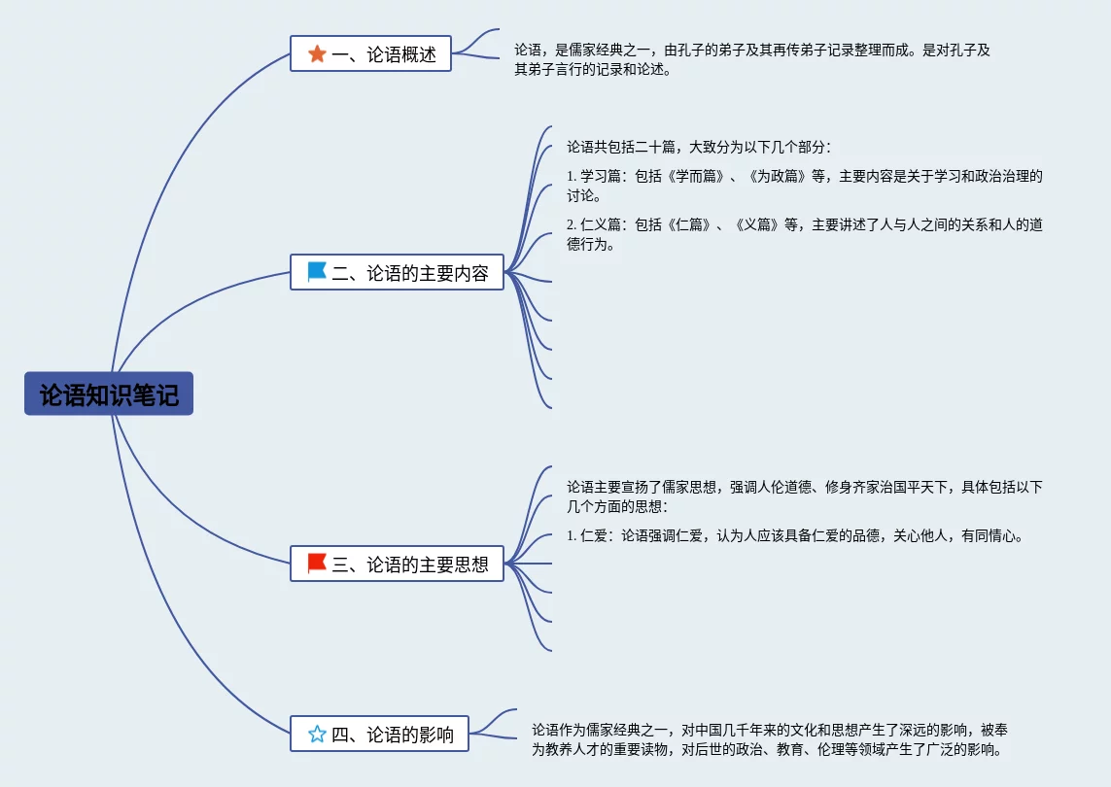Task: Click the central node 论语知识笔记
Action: [109, 394]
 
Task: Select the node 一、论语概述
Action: [370, 54]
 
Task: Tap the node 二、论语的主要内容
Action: [397, 273]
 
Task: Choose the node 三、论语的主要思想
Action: [397, 565]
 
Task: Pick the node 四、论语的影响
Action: [379, 735]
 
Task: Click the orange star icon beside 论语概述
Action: [317, 54]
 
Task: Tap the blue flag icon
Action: [317, 273]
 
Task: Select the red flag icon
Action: [317, 564]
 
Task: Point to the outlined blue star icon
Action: [317, 735]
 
